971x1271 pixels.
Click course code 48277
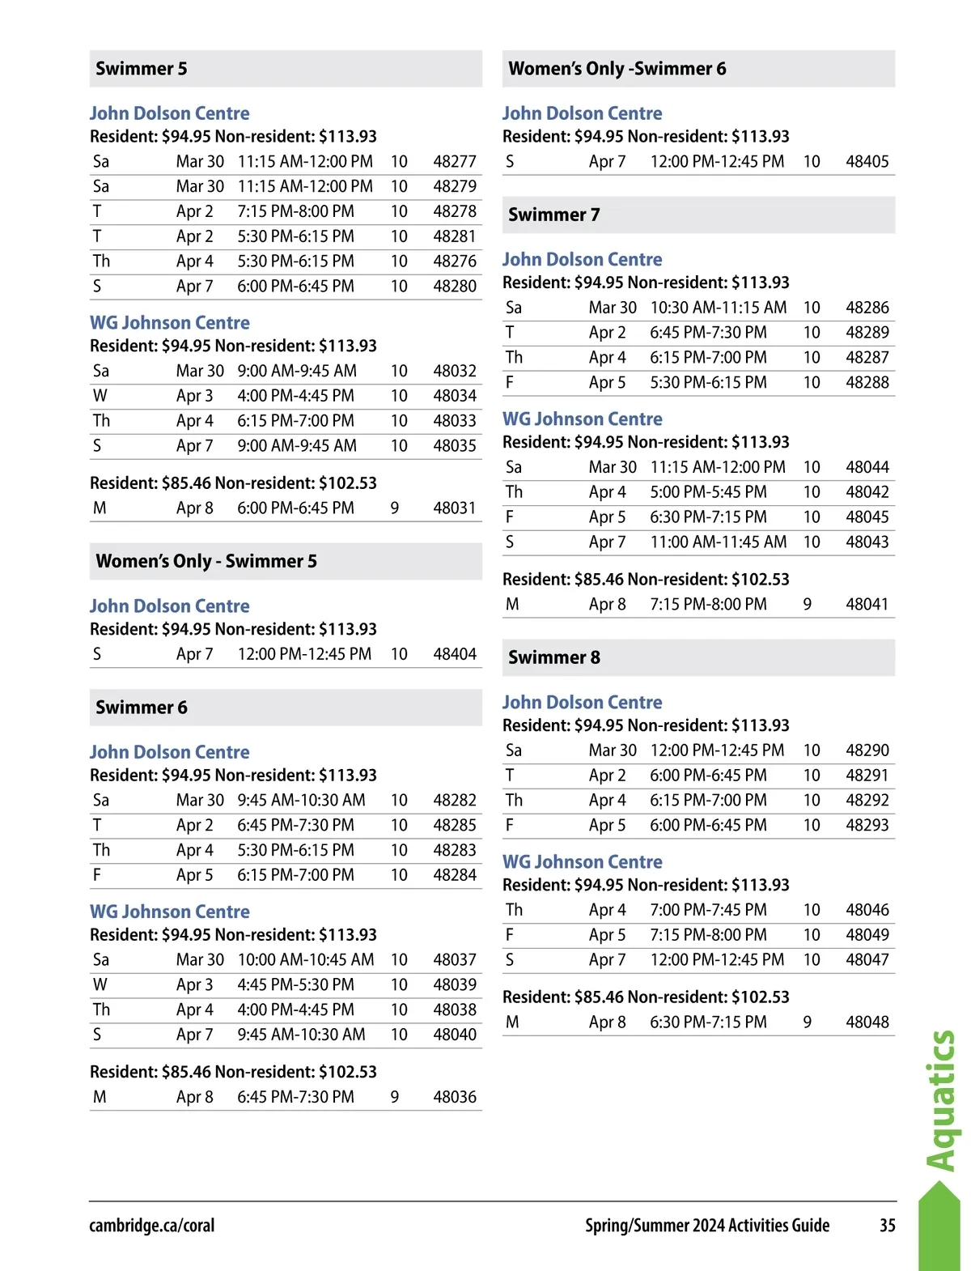coord(455,162)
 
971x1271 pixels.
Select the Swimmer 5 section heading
coord(142,69)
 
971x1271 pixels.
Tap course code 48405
coord(867,162)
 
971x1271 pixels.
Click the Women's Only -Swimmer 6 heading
coord(617,69)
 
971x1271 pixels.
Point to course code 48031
coord(455,508)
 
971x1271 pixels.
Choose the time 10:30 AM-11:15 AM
coord(719,308)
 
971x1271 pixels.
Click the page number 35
coord(887,1226)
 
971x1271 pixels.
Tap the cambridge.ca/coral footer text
coord(152,1226)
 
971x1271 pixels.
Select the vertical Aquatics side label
coord(940,1101)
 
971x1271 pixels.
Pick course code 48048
coord(867,1022)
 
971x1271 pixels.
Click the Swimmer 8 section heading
coord(554,657)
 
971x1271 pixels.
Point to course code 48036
coord(455,1097)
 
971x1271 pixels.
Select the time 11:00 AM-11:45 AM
coord(719,542)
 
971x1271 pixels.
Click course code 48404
coord(455,654)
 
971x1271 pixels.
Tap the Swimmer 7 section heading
coord(554,215)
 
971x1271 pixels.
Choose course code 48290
coord(867,750)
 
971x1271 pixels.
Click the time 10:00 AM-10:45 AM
coord(306,960)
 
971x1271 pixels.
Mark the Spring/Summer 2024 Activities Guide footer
coord(707,1226)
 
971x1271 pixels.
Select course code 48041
coord(867,605)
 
